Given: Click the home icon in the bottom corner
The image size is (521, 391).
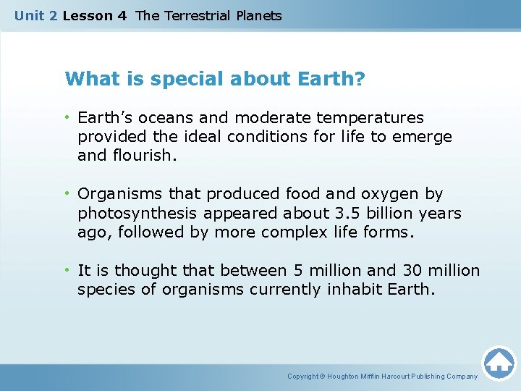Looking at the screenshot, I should click(499, 363).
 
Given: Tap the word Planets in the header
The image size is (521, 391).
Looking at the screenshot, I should click(258, 15).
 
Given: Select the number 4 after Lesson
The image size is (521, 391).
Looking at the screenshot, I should click(122, 15).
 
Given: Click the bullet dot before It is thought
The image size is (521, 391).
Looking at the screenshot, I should click(67, 270).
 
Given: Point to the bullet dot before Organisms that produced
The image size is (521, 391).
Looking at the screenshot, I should click(67, 194).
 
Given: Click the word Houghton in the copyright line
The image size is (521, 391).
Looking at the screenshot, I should click(347, 377).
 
